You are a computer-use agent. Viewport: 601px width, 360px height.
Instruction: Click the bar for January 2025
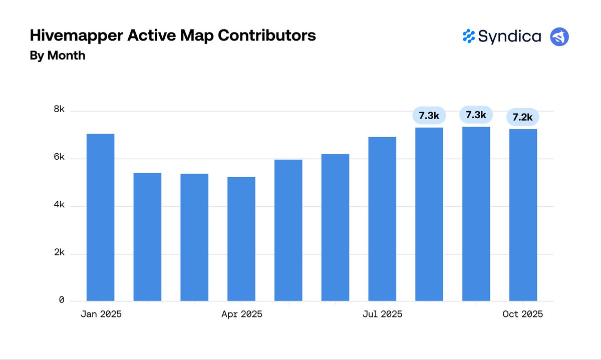click(100, 217)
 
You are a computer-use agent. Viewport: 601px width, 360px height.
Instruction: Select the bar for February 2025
click(147, 237)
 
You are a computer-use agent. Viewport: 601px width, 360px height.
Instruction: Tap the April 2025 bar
click(241, 239)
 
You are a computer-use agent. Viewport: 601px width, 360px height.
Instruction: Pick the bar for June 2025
click(335, 227)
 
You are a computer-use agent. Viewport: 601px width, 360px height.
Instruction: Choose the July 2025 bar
click(382, 219)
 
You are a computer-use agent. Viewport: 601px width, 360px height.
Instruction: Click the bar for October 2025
click(523, 215)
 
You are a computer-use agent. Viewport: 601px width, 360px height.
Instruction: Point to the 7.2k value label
click(522, 117)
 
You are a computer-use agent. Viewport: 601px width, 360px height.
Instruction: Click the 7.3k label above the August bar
click(429, 116)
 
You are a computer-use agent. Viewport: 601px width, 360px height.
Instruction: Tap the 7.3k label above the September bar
click(476, 115)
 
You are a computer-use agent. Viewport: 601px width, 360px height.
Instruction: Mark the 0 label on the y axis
click(61, 300)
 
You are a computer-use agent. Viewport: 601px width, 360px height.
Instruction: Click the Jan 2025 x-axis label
click(101, 314)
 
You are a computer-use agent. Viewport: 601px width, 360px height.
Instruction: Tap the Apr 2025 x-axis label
click(241, 314)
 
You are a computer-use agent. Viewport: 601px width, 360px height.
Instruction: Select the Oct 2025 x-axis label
click(522, 314)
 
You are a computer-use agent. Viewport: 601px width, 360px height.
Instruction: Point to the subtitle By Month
click(58, 56)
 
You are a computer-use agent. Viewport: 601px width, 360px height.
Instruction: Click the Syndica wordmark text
click(509, 37)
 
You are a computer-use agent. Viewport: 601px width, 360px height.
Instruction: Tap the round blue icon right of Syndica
click(559, 37)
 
